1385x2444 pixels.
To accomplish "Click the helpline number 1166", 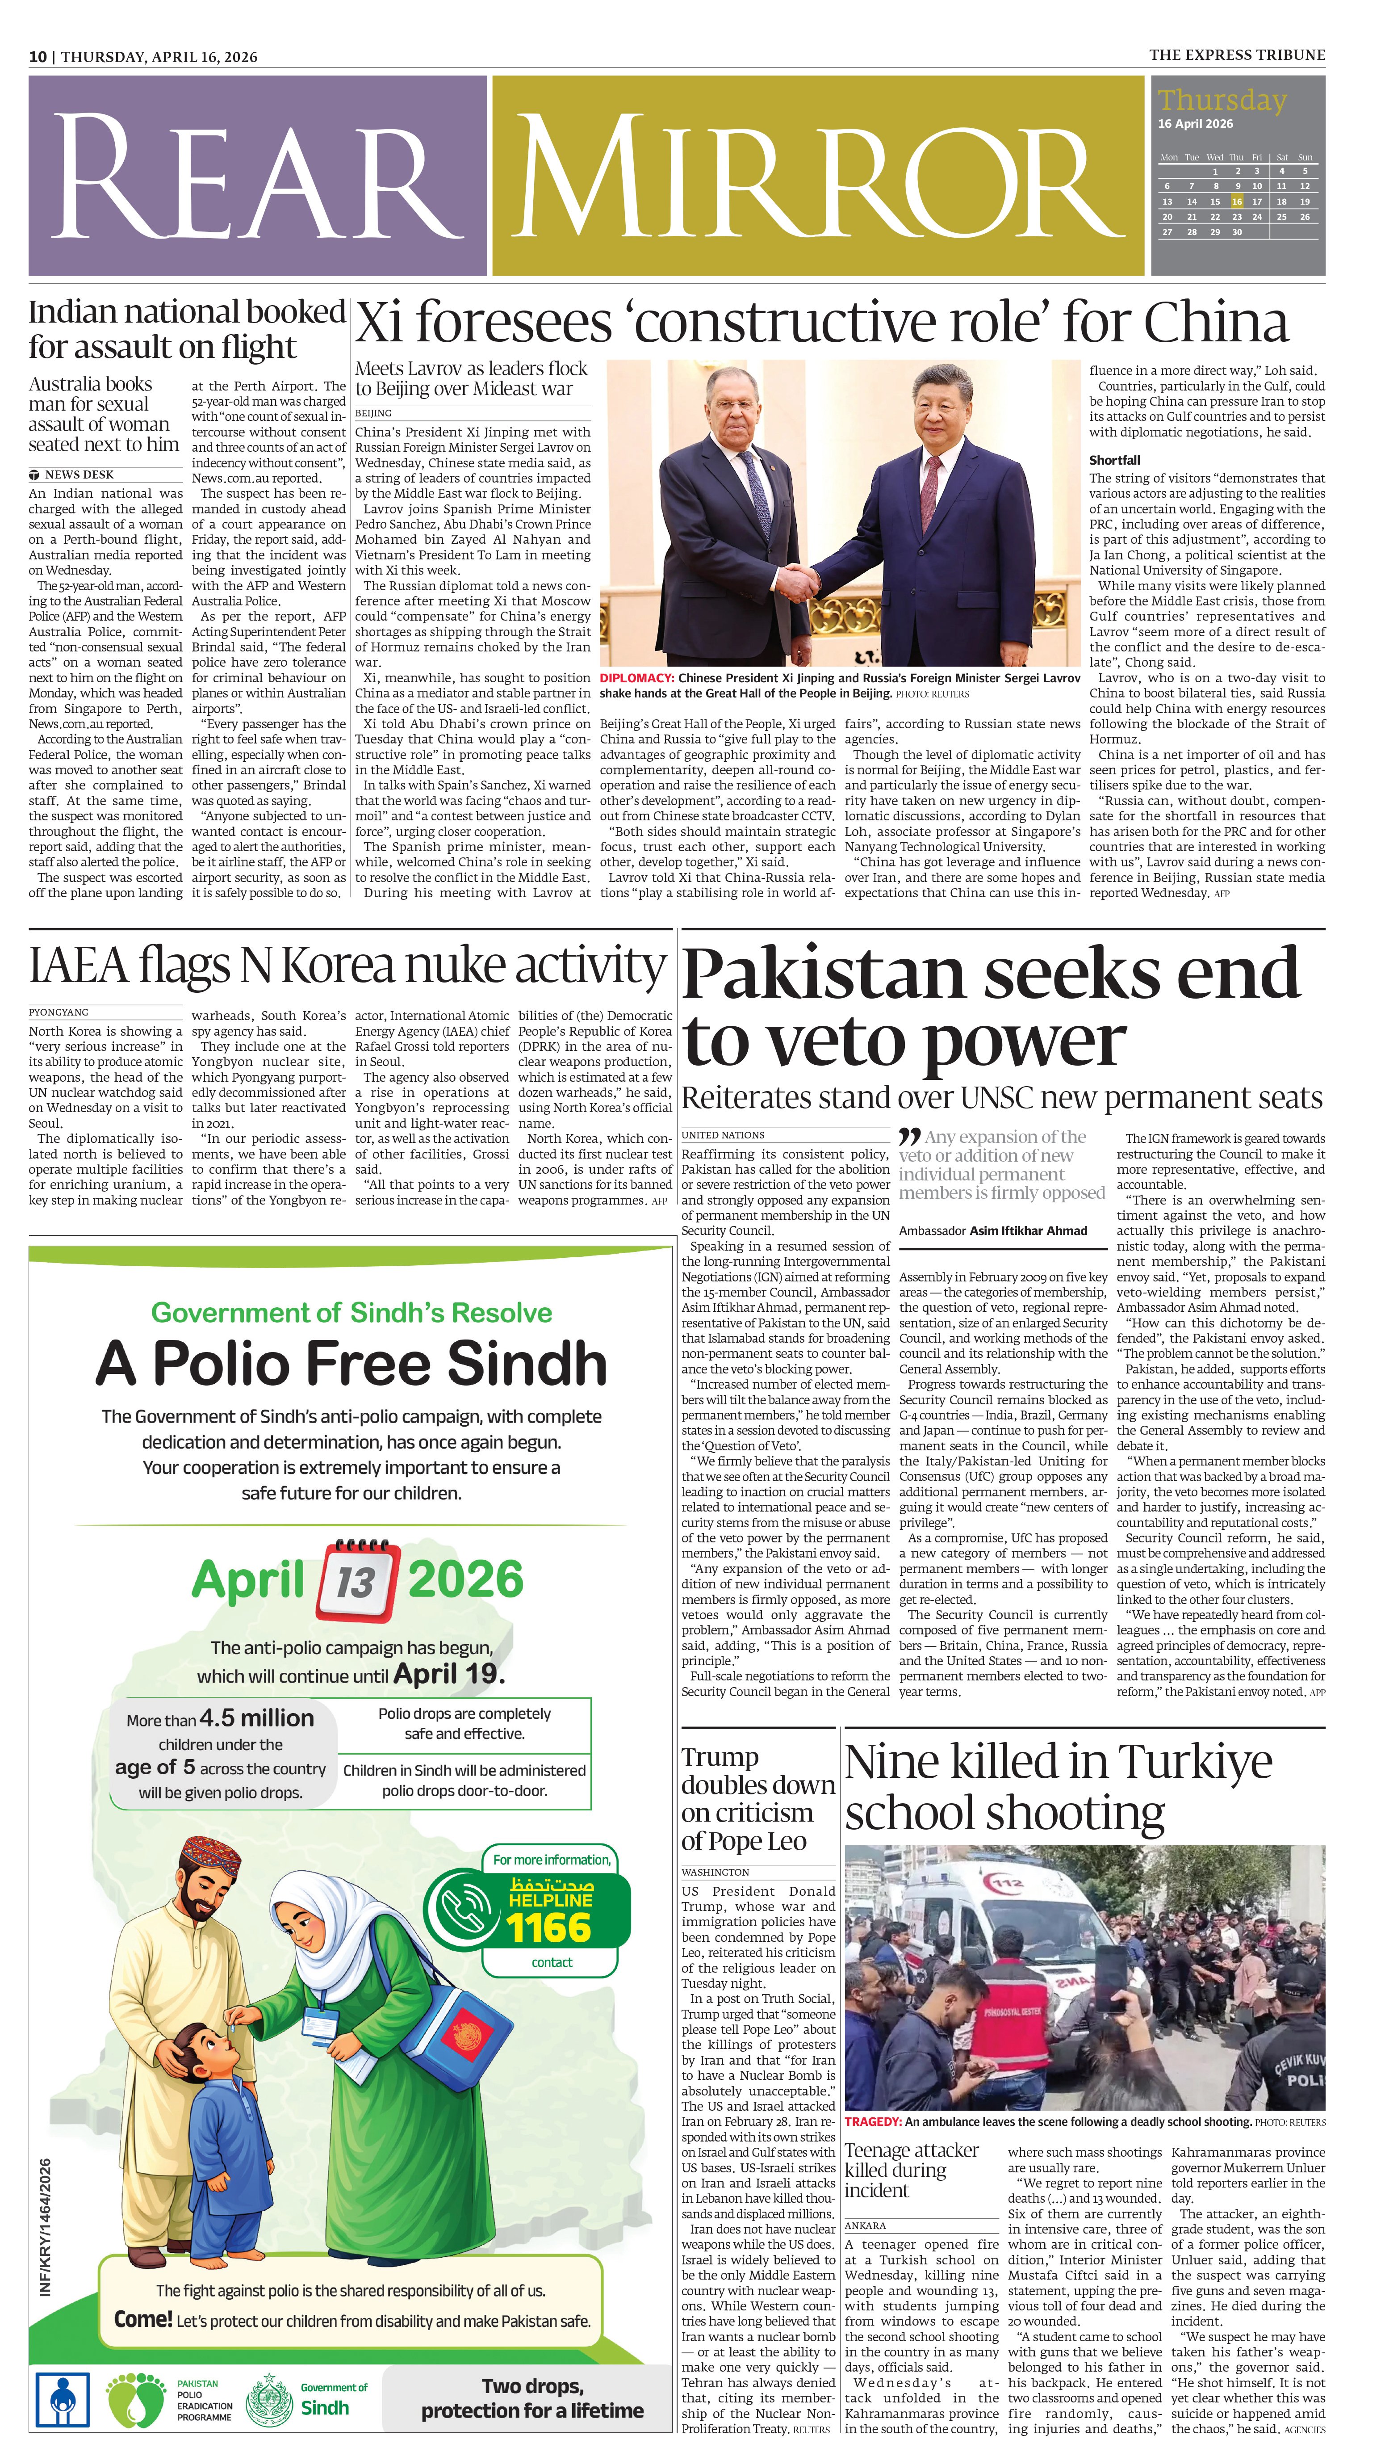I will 549,1927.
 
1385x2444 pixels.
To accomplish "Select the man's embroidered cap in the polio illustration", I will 211,1852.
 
